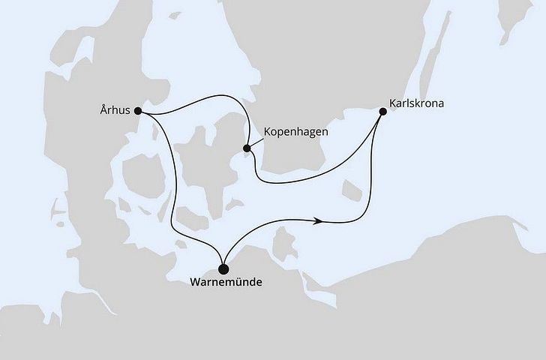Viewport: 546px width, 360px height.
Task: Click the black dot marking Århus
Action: pos(137,111)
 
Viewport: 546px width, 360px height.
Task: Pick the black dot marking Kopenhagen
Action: pos(247,148)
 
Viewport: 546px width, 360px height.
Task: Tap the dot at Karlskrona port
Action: pos(383,112)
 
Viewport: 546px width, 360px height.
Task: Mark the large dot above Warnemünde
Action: pos(223,268)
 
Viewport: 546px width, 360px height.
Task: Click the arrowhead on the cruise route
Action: pos(319,220)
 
